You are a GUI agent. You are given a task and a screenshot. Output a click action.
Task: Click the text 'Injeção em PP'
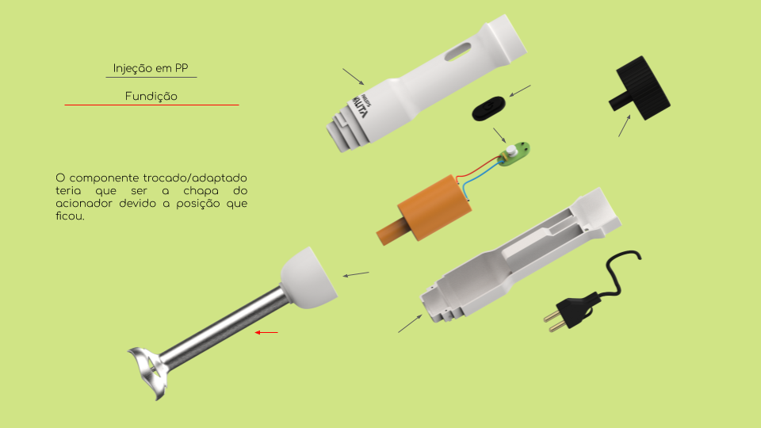[151, 68]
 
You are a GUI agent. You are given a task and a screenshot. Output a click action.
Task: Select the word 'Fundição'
[151, 96]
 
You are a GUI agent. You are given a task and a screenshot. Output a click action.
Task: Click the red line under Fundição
[151, 105]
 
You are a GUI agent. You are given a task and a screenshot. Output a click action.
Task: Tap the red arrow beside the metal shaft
[266, 332]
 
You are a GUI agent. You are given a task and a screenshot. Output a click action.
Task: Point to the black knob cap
[640, 88]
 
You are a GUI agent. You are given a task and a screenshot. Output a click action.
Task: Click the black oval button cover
[489, 109]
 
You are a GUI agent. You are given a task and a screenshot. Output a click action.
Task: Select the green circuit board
[514, 154]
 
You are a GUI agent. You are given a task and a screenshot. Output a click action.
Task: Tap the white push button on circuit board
[511, 150]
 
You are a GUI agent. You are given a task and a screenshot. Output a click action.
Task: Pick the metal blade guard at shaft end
[149, 371]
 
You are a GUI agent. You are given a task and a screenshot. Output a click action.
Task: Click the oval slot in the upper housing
[457, 52]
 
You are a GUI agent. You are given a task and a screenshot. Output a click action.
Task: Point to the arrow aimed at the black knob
[625, 126]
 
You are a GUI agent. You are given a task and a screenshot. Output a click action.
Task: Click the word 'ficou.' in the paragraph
[70, 216]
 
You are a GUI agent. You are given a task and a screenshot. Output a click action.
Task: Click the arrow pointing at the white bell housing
[356, 275]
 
